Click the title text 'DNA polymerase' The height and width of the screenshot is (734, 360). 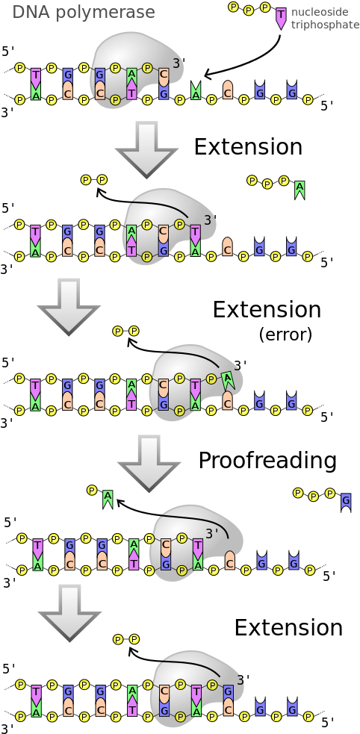[84, 12]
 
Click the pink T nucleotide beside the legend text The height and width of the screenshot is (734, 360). [281, 18]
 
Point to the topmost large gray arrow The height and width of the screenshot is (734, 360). [146, 149]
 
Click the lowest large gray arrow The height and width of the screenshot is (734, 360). [69, 612]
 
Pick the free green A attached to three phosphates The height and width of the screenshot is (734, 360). [300, 189]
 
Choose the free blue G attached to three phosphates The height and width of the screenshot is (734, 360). [346, 500]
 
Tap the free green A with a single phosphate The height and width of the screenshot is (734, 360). [108, 498]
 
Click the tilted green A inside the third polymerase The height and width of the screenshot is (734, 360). [228, 380]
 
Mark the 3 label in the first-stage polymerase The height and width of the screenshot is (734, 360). [176, 64]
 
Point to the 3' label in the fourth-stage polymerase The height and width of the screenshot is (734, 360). [212, 533]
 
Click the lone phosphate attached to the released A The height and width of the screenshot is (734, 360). [92, 491]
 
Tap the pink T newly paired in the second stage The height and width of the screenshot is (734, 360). [196, 234]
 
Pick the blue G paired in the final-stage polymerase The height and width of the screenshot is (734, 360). [229, 693]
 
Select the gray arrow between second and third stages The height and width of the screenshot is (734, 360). [68, 305]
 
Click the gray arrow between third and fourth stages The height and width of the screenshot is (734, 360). [149, 462]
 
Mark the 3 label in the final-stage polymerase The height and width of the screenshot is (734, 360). [240, 680]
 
